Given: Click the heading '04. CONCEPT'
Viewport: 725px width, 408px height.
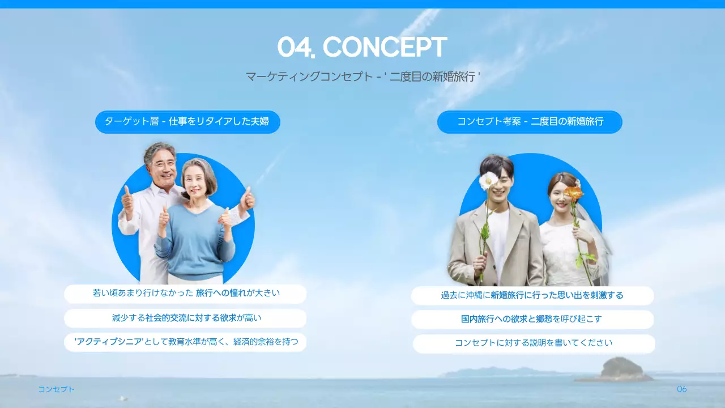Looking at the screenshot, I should point(362,48).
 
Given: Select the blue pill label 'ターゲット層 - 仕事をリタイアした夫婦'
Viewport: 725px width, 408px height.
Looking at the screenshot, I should point(187,122).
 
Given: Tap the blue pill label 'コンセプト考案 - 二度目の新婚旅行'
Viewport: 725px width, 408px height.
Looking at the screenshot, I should point(530,122).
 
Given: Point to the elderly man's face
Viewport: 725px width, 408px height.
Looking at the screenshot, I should point(160,163).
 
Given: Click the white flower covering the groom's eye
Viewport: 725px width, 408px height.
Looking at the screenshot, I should point(488,181).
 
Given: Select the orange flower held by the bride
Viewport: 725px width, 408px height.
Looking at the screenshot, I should point(574,194).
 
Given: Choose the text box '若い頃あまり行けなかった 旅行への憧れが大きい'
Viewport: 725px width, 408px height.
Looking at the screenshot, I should point(185,294).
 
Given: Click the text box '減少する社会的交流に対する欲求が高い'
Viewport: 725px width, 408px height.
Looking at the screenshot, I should point(185,318).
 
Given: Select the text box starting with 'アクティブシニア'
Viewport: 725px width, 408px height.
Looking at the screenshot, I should point(185,342).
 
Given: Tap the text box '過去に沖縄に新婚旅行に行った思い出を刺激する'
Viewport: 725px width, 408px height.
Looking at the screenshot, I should point(532,295).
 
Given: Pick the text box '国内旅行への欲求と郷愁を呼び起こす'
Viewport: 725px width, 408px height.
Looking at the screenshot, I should point(532,320).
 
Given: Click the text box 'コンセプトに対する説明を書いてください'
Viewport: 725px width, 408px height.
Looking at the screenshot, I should point(534,343).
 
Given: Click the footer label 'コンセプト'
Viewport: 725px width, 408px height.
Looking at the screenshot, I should point(56,389).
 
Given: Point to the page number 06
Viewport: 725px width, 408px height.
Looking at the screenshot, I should point(682,389).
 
